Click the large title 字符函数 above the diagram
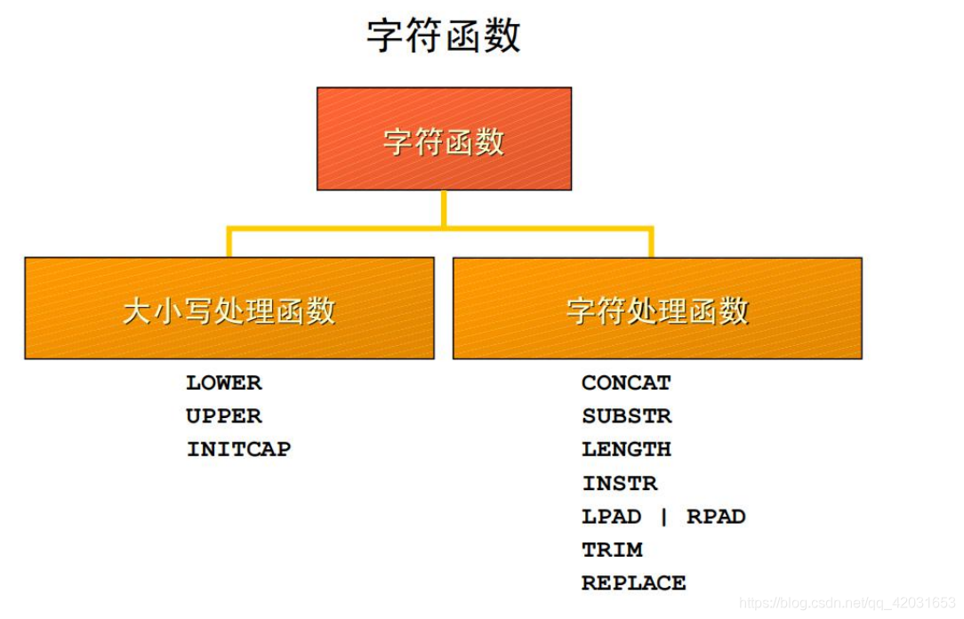[x=444, y=36]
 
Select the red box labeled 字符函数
[x=444, y=139]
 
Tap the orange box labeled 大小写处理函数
[x=229, y=309]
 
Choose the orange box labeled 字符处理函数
[x=657, y=309]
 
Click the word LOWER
[x=224, y=383]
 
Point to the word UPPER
[x=224, y=416]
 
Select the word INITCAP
[x=238, y=449]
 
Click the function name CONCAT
[x=626, y=383]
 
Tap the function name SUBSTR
[x=627, y=416]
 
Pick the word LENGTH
[x=626, y=449]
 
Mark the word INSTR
[x=620, y=483]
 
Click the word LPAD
[x=611, y=517]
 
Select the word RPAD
[x=716, y=517]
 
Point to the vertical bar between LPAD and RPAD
[x=663, y=517]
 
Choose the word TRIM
[x=612, y=550]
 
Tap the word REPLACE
[x=633, y=583]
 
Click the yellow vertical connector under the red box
[x=443, y=208]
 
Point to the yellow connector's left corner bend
[x=229, y=229]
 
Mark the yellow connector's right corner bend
[x=651, y=229]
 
